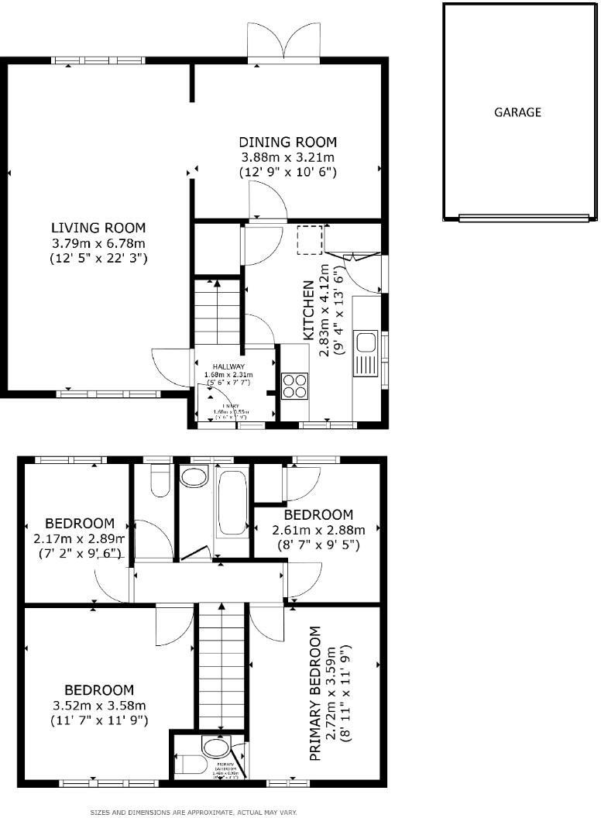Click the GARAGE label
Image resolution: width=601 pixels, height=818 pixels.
point(517,112)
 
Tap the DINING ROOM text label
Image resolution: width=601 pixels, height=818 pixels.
point(287,142)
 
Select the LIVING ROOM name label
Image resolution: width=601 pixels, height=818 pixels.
point(98,228)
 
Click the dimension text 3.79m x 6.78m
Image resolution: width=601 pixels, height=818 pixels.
point(98,242)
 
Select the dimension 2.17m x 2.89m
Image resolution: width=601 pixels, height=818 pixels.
point(80,538)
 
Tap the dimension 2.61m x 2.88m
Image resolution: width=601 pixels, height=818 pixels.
point(318,530)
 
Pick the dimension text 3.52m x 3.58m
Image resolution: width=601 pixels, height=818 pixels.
point(98,705)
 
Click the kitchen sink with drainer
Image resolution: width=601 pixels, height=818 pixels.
point(366,352)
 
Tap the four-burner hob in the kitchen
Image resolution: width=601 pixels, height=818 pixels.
point(295,385)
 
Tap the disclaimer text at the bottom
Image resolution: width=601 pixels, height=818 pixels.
point(194,812)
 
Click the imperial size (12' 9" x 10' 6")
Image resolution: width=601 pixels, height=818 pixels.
point(287,171)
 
